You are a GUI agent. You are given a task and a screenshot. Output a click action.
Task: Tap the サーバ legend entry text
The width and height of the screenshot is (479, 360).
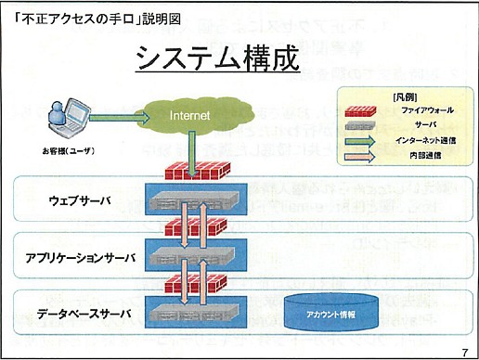click(401, 123)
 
